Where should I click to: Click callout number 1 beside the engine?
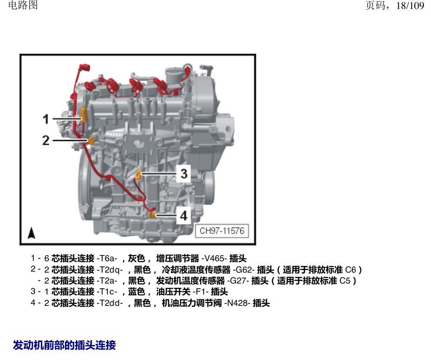click(x=46, y=119)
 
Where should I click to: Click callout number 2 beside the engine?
click(x=46, y=140)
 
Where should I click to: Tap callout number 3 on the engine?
click(x=184, y=173)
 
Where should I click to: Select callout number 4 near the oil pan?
click(x=184, y=216)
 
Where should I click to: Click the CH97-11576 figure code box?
click(x=222, y=231)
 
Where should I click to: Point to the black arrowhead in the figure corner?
click(x=32, y=233)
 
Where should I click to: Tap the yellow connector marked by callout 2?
click(x=91, y=140)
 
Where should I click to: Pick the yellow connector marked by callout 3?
click(x=139, y=174)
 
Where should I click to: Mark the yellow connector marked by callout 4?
click(x=152, y=214)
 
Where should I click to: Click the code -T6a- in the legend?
click(x=107, y=258)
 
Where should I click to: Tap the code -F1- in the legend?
click(x=201, y=292)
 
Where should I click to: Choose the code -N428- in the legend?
click(x=237, y=303)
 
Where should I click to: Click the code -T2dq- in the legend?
click(x=110, y=269)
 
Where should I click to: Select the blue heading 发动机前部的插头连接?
click(x=65, y=345)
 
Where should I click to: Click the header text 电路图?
click(x=23, y=5)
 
